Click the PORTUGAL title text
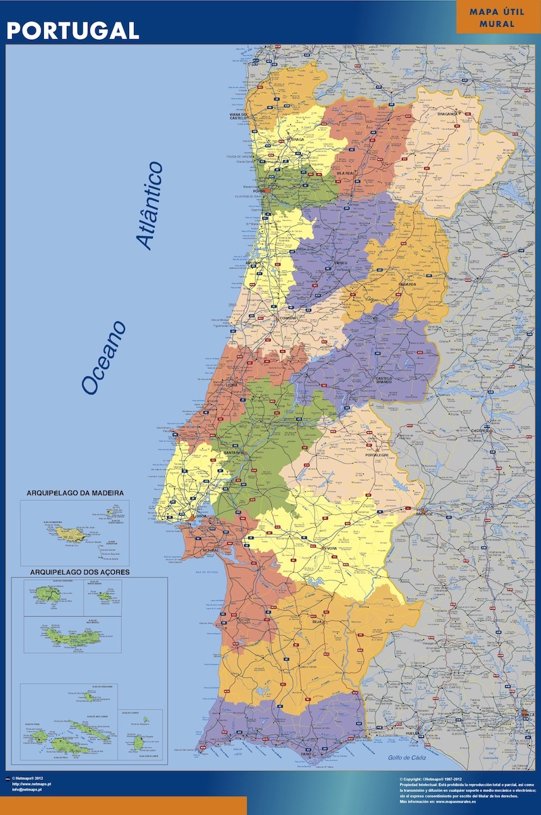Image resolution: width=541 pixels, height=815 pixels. [73, 30]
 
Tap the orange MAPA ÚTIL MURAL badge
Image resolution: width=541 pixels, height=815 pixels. [497, 18]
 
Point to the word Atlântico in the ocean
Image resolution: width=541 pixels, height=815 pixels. [149, 205]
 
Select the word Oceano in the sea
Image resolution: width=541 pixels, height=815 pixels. [103, 357]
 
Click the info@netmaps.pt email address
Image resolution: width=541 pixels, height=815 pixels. [30, 789]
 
